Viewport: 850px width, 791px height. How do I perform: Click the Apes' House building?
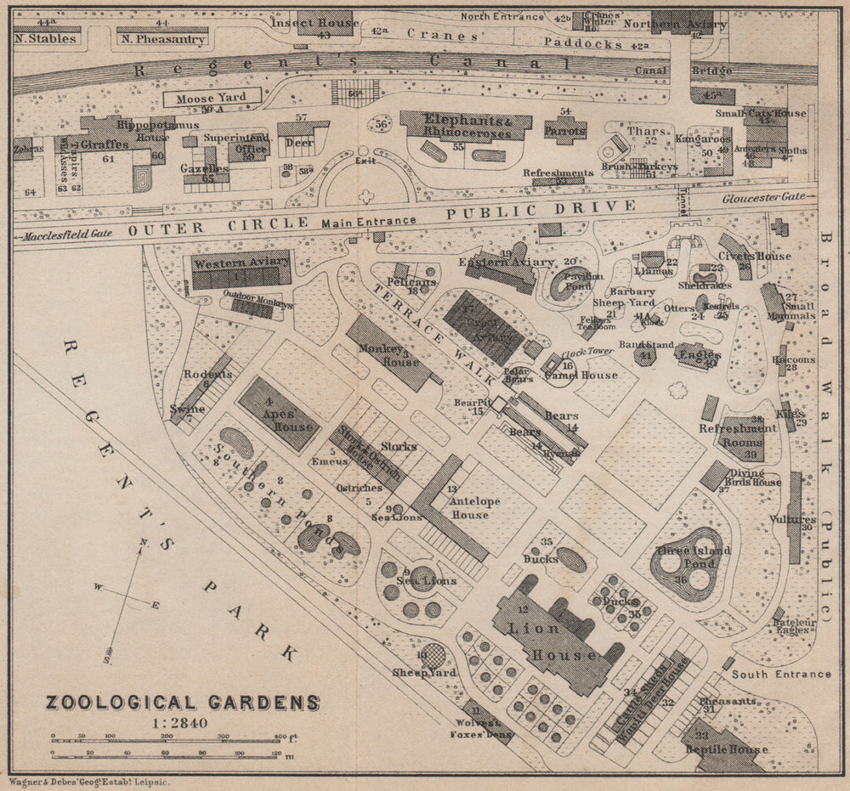(279, 414)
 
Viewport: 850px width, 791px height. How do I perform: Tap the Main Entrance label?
(368, 222)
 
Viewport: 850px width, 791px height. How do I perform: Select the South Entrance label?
(781, 674)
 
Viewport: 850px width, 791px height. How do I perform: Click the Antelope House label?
(470, 508)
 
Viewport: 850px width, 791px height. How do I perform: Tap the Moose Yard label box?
(212, 99)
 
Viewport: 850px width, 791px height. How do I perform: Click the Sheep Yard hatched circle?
(432, 655)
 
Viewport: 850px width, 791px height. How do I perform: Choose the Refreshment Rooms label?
(738, 435)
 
